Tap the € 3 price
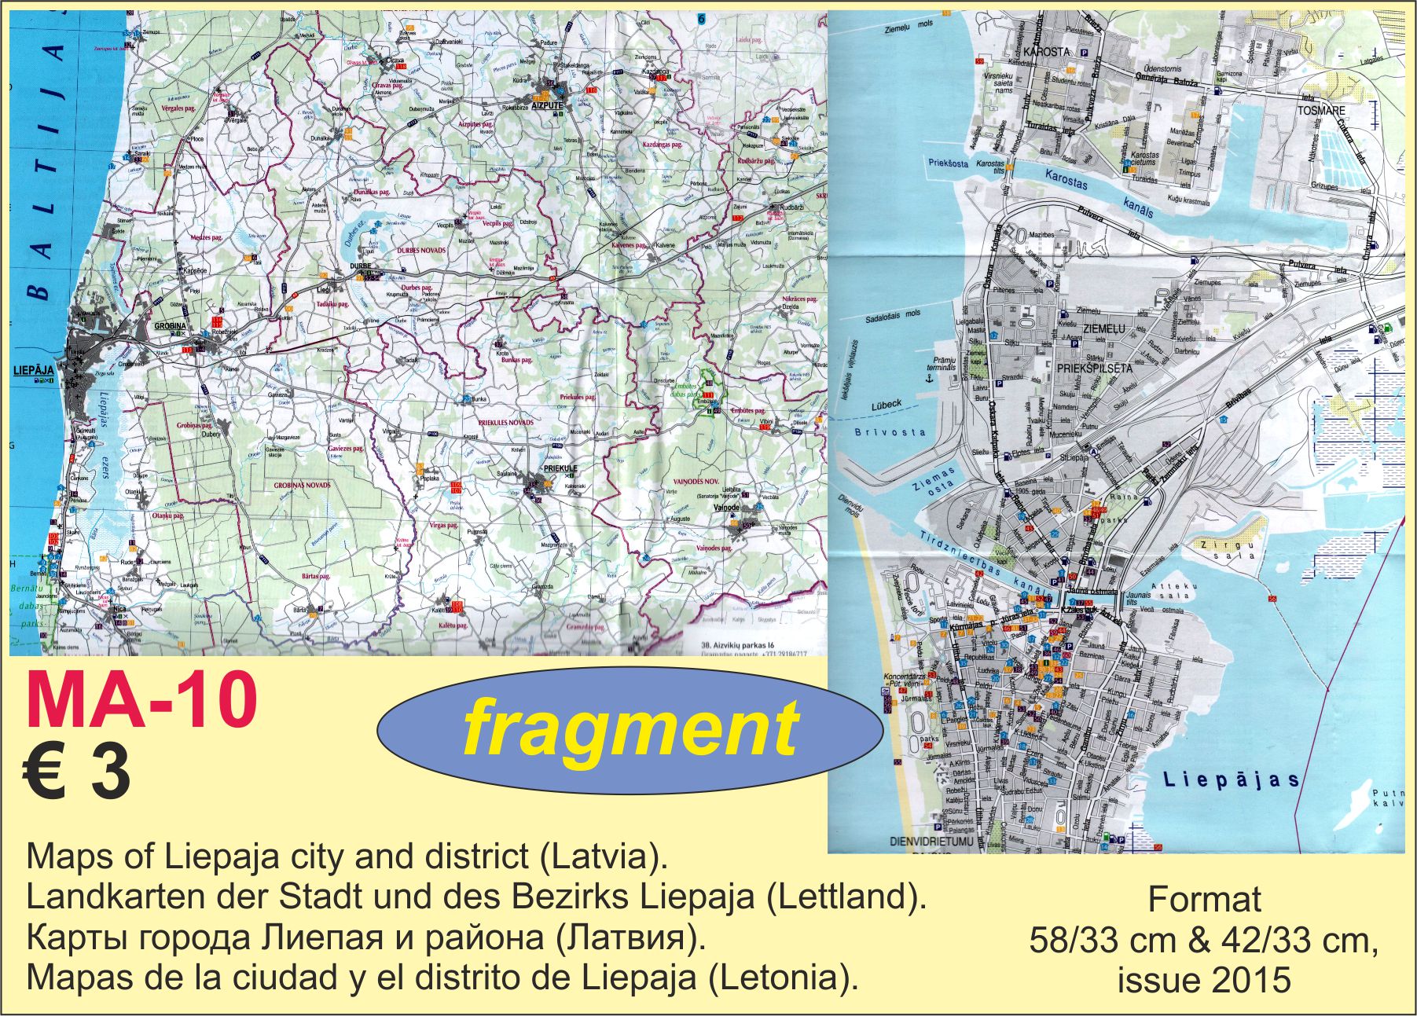click(x=76, y=773)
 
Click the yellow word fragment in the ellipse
click(x=630, y=729)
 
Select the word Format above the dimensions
click(x=1204, y=900)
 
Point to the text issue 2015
click(x=1204, y=980)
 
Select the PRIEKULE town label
click(x=560, y=468)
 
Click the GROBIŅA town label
click(x=170, y=326)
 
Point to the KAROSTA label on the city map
click(x=1048, y=52)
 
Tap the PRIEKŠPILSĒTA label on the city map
click(x=1095, y=368)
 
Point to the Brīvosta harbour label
click(x=890, y=432)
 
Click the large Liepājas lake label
click(x=1231, y=780)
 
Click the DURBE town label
click(x=359, y=266)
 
